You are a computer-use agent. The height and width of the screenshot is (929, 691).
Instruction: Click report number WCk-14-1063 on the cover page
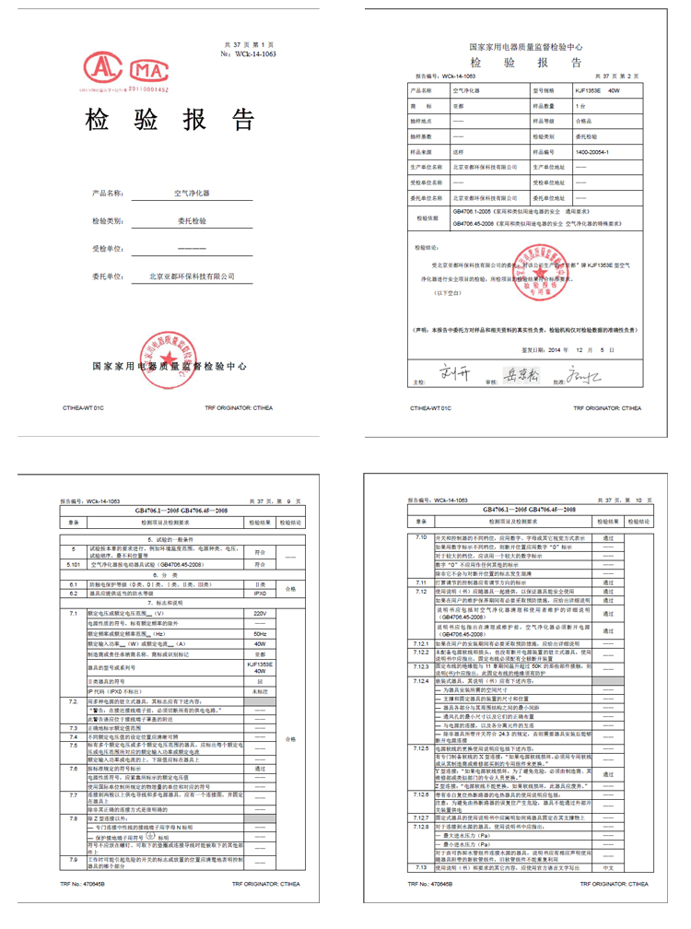[254, 54]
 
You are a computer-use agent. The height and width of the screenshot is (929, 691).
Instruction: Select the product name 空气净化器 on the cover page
[192, 194]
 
